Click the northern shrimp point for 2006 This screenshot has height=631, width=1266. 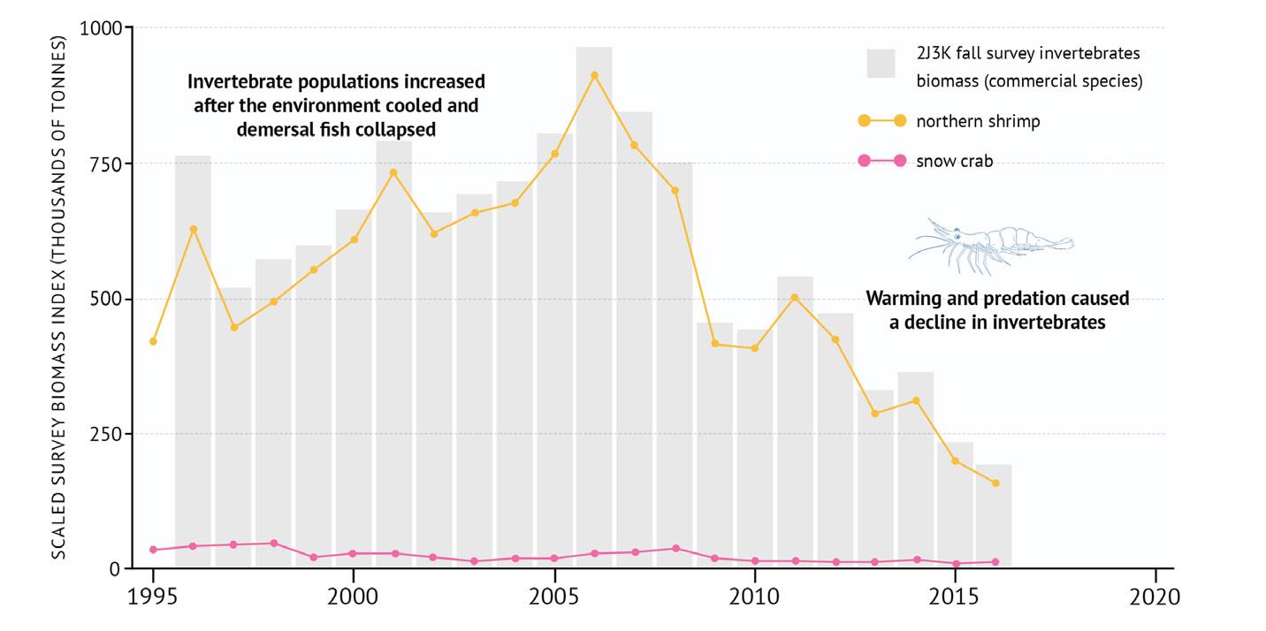click(x=594, y=75)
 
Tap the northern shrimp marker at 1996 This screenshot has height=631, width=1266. click(x=193, y=229)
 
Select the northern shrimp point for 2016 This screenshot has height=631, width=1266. click(x=995, y=483)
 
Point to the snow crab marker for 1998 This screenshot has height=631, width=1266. click(x=273, y=543)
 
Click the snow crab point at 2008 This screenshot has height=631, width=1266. click(x=675, y=548)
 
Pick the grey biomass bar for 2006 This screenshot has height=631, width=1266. click(x=594, y=309)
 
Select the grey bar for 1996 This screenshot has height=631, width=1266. click(x=193, y=362)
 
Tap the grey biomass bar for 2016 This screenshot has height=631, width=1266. click(x=994, y=517)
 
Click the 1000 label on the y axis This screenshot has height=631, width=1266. click(x=100, y=28)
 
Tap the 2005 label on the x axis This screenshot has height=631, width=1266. click(x=554, y=597)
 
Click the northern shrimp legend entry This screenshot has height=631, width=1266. click(x=978, y=121)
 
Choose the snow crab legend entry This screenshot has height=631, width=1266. click(x=954, y=161)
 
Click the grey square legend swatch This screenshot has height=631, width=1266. click(x=881, y=64)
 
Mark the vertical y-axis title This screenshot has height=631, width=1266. click(x=58, y=297)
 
